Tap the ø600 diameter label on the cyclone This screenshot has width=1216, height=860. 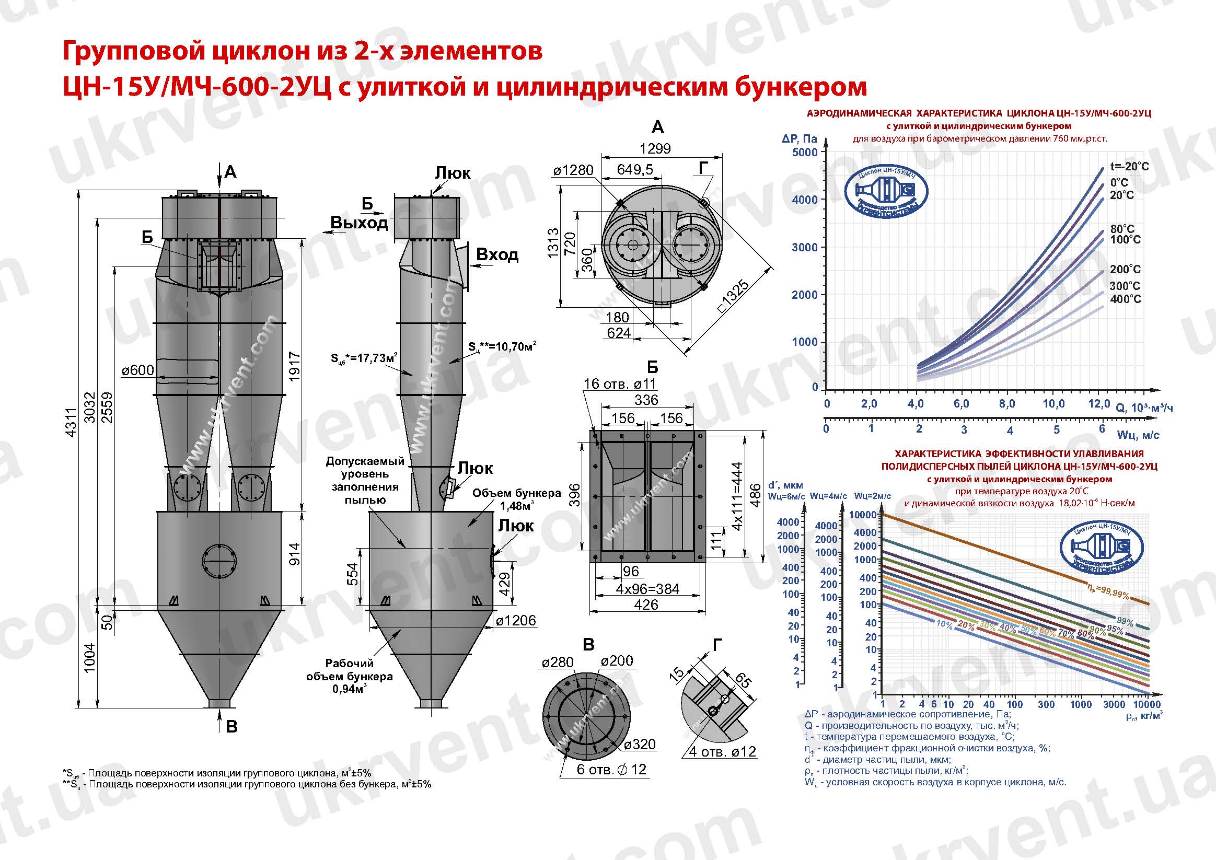coord(138,370)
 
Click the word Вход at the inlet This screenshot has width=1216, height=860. coord(497,255)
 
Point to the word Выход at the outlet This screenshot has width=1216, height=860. coord(359,223)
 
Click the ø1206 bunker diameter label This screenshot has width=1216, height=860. coord(515,620)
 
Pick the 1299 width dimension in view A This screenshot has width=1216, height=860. coord(655,149)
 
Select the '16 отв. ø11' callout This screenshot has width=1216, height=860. coord(620,383)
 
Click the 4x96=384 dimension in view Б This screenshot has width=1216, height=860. coord(647,589)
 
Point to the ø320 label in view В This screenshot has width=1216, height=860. coord(639,745)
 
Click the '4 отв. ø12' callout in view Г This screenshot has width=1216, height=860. coord(722,751)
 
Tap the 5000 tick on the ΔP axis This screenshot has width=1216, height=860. coord(805,153)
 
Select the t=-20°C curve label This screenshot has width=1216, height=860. coord(1129,166)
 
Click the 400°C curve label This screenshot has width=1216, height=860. coord(1126,299)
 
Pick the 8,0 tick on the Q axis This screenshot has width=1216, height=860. coord(1007,404)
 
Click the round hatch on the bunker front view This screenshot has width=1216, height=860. coord(218,561)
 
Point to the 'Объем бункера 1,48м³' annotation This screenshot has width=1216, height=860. coord(516,499)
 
